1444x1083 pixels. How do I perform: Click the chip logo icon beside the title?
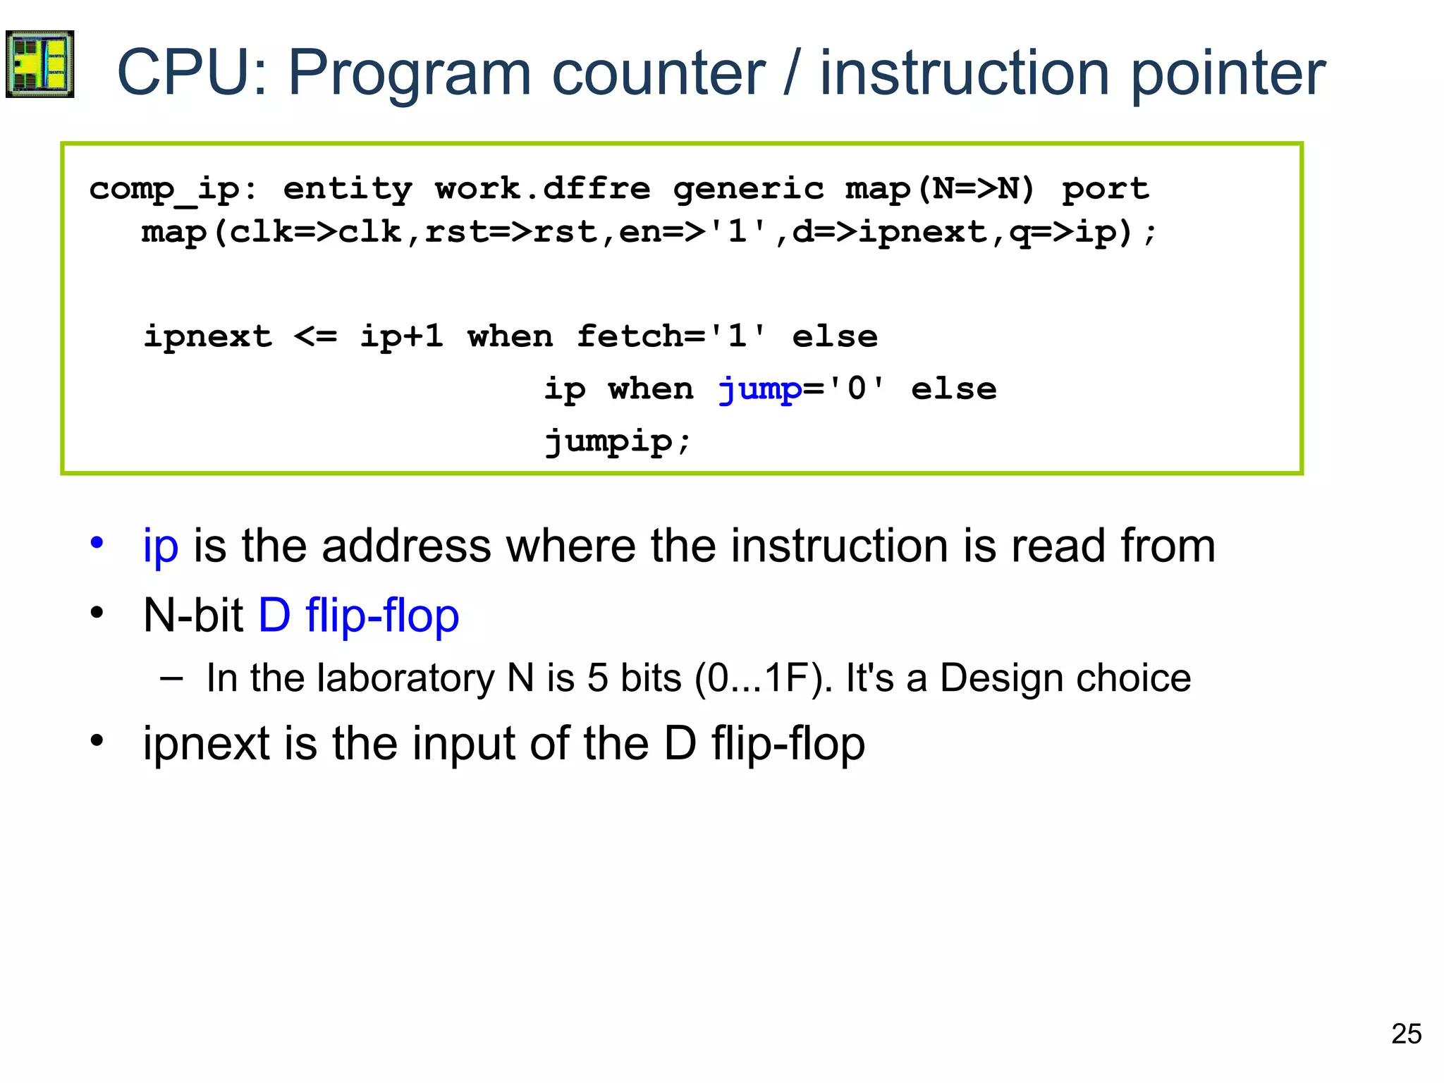[39, 64]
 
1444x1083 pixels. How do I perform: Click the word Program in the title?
[409, 74]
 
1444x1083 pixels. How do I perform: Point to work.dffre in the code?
[542, 188]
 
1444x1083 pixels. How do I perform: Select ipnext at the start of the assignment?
[208, 336]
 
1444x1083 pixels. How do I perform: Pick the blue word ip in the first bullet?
[160, 547]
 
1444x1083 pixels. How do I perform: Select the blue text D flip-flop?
[359, 616]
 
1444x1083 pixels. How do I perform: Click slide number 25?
[1406, 1034]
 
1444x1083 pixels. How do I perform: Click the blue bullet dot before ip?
[97, 543]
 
